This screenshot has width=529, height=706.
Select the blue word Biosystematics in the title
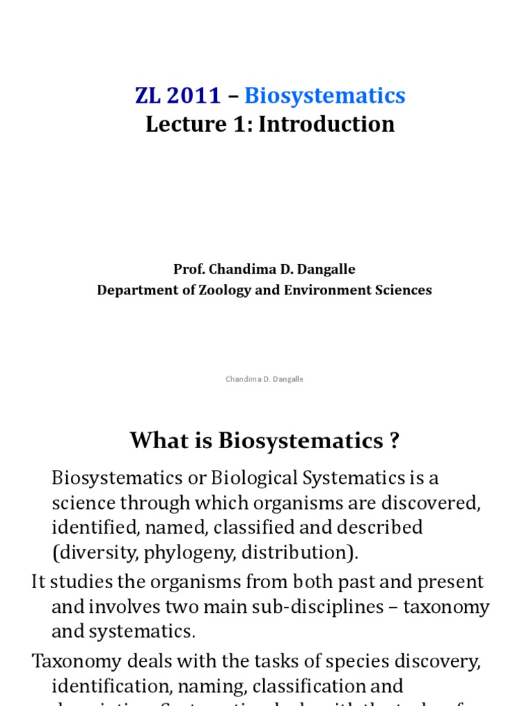(325, 96)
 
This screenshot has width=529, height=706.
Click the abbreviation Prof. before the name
(188, 269)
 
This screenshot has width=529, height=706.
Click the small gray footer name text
(264, 379)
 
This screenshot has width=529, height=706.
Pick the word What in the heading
(158, 440)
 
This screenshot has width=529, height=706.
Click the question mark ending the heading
(394, 440)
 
